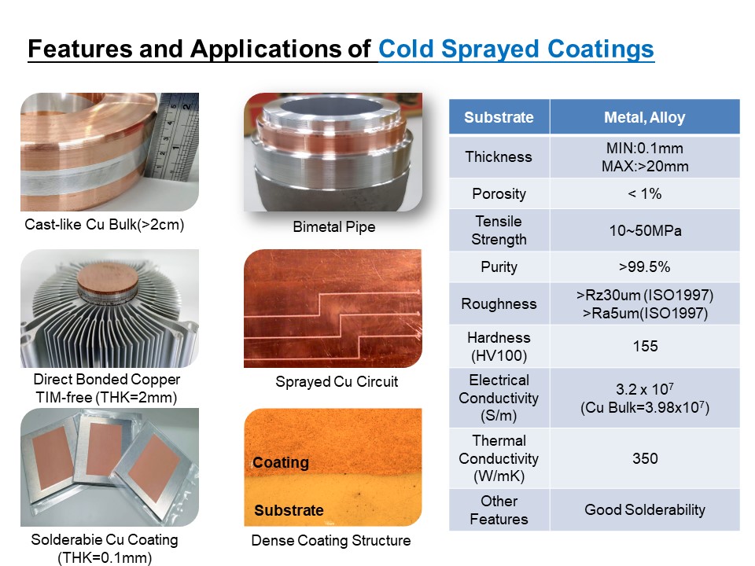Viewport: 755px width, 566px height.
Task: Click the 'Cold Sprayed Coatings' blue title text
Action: click(516, 49)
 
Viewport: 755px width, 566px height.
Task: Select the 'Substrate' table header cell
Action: click(499, 117)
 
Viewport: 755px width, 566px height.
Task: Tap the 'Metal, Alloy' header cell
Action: click(645, 117)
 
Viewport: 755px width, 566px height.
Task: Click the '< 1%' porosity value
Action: click(645, 193)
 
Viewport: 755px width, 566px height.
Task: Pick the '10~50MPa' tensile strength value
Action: click(645, 230)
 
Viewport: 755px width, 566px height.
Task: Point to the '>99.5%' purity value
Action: click(645, 266)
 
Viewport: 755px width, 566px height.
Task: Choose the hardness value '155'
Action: click(645, 346)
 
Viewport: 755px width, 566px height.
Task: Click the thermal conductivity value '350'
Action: click(645, 458)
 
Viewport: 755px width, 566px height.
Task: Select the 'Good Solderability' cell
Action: click(645, 509)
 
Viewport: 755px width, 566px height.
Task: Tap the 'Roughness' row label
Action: click(499, 303)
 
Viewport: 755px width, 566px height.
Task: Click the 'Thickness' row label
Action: click(499, 157)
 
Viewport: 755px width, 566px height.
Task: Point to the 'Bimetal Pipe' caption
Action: click(334, 226)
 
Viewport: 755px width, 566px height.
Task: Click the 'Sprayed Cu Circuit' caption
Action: click(337, 382)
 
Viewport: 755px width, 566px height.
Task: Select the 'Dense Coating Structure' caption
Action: click(331, 541)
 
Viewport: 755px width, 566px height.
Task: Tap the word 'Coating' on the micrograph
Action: click(281, 462)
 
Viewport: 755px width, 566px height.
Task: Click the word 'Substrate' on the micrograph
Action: click(289, 510)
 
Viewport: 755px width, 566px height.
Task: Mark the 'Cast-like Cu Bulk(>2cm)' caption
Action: click(105, 225)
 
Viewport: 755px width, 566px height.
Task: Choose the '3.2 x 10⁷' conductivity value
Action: click(645, 389)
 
